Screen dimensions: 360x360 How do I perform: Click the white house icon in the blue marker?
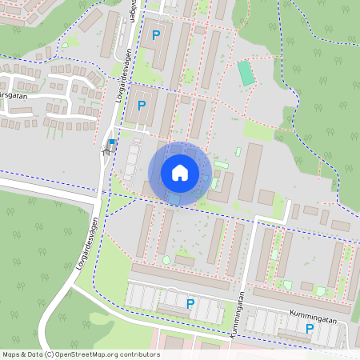pos(179,172)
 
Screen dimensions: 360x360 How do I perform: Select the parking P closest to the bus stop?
pos(142,105)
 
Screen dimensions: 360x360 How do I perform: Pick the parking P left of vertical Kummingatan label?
pos(190,303)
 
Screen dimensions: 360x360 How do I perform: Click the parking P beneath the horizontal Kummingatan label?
pos(309,328)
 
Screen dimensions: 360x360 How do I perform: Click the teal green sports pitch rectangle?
pos(246,73)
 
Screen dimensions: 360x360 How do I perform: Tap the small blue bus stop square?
pos(112,142)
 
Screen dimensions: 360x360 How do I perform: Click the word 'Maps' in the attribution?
pos(11,354)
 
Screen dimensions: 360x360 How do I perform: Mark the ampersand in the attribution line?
pos(24,354)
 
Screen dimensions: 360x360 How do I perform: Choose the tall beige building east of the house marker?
pos(250,172)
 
